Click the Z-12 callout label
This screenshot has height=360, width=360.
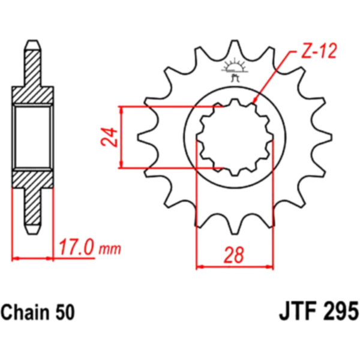click(318, 51)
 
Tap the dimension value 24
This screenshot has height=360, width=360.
click(109, 137)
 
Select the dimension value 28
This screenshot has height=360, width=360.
click(233, 255)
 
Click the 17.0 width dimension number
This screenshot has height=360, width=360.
click(77, 247)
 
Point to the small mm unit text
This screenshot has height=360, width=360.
click(110, 250)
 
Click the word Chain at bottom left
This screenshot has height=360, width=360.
click(25, 313)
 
